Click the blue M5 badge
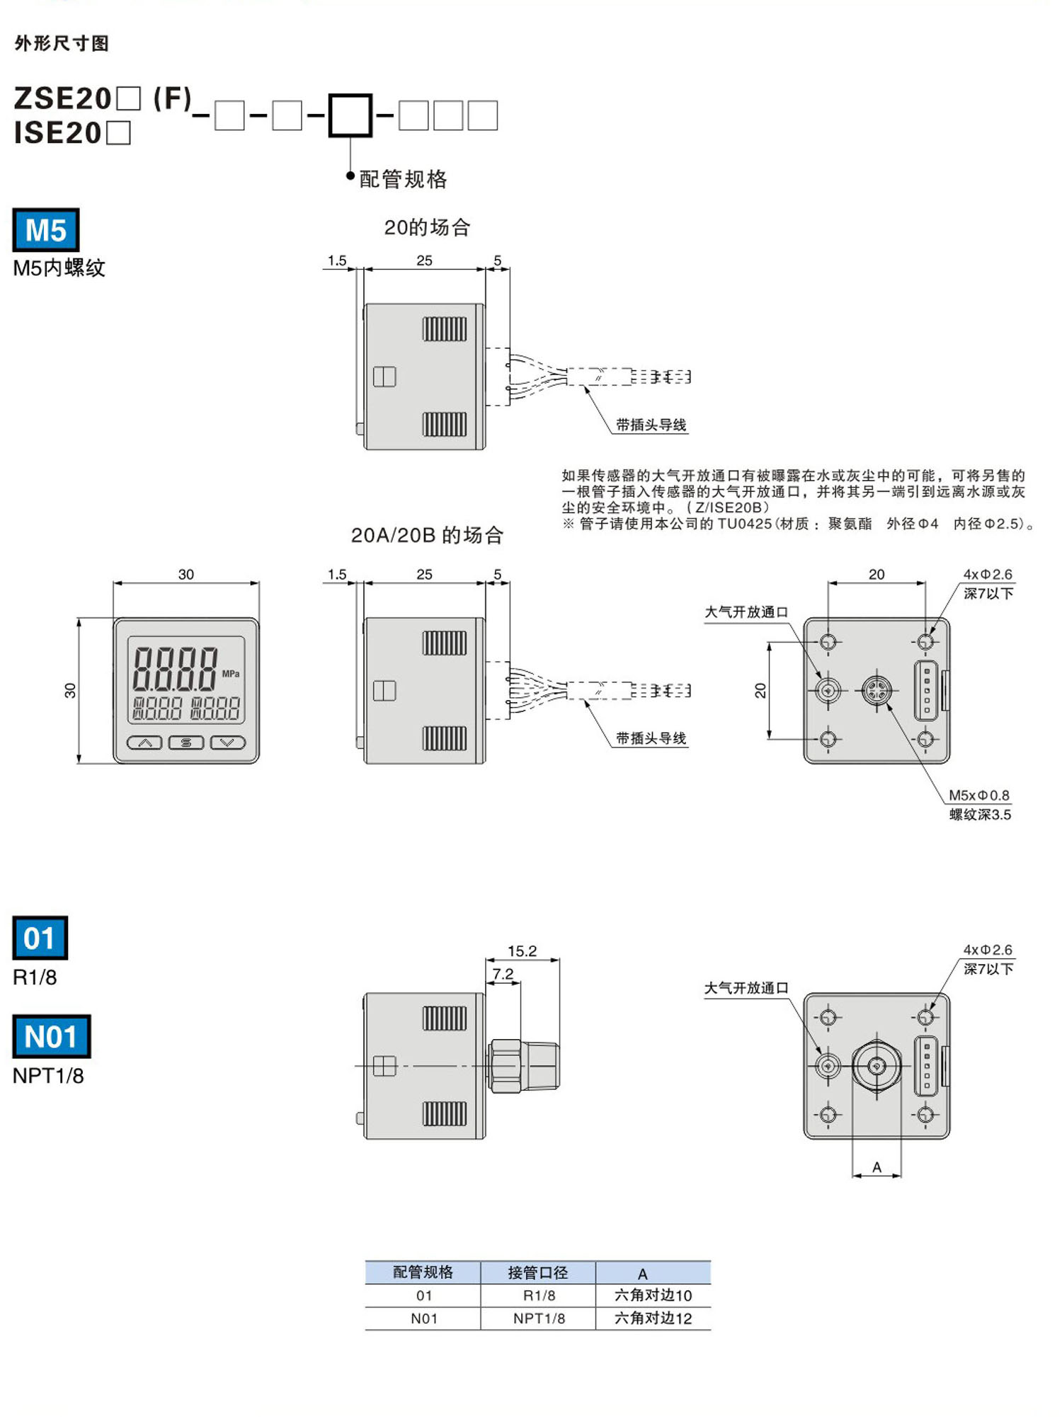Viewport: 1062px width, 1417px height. tap(46, 230)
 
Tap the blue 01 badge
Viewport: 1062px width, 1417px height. tap(40, 938)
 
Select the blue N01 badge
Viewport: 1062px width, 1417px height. tap(51, 1036)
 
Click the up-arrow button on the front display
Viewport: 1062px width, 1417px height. tap(144, 742)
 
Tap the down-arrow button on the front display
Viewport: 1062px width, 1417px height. tap(228, 742)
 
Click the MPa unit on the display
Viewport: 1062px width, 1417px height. tap(231, 674)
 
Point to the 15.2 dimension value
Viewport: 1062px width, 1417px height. tap(522, 951)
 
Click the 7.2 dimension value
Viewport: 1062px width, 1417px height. tap(503, 974)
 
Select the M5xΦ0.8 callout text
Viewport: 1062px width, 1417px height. tap(979, 795)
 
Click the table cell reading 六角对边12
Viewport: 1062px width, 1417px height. tap(653, 1318)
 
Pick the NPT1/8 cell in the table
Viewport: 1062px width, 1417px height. tap(539, 1318)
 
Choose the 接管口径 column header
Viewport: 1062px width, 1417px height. tap(538, 1273)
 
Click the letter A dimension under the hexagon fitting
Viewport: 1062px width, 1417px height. tap(877, 1167)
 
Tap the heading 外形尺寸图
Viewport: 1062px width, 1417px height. tap(62, 43)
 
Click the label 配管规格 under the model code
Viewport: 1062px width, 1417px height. tap(403, 179)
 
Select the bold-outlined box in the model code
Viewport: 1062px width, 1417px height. tap(350, 115)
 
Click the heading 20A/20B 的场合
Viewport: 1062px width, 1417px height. tap(427, 535)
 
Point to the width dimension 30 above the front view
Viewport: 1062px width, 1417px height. tap(185, 574)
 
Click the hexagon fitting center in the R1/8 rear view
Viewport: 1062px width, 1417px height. tap(877, 1066)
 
